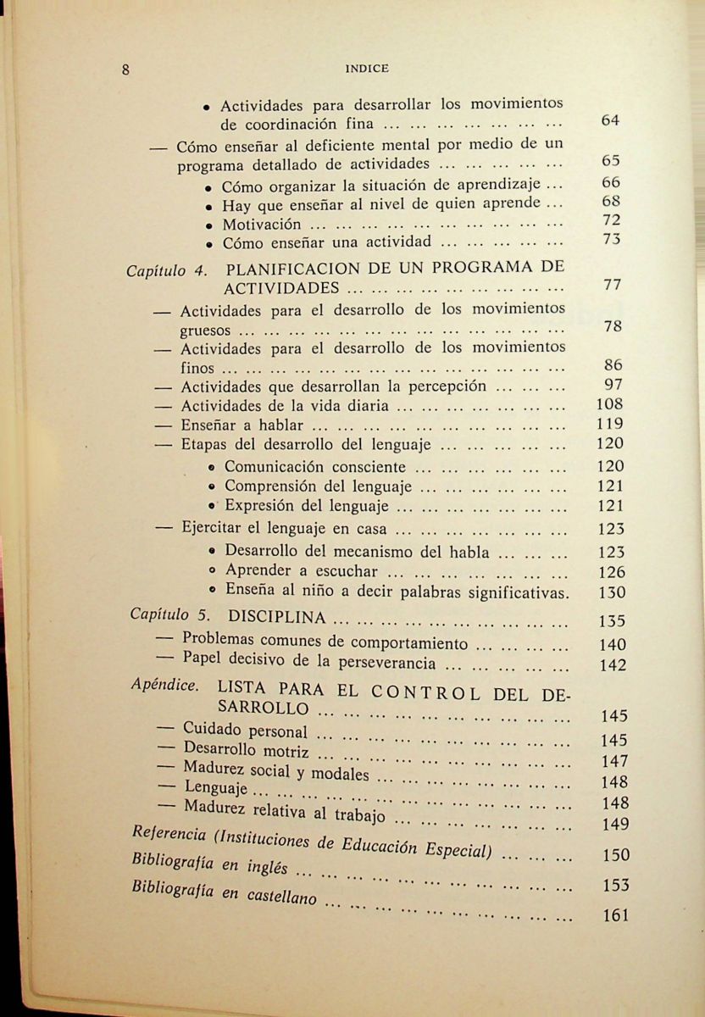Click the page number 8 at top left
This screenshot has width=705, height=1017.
click(125, 70)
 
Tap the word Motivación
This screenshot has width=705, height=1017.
click(262, 225)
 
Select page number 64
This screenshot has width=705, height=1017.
click(610, 120)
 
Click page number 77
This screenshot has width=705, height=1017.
click(613, 286)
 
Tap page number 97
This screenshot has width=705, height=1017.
click(612, 386)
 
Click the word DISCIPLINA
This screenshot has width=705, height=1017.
click(278, 616)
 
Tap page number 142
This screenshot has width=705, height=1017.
click(612, 666)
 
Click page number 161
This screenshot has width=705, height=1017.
click(614, 915)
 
